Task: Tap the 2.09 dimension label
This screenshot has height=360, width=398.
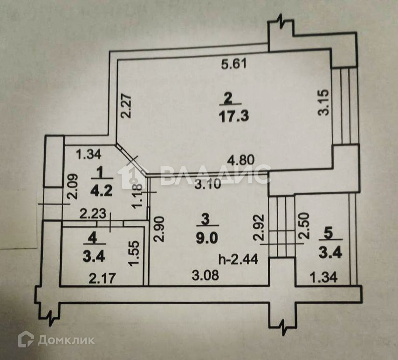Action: coord(71,186)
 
